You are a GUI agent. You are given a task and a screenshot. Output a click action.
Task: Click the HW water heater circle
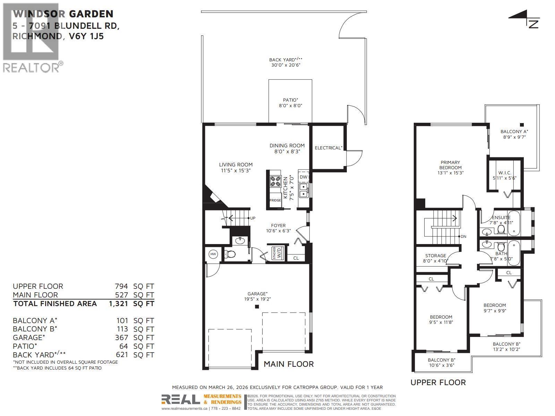point(213,254)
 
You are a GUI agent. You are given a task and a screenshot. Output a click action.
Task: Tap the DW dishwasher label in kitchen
point(304,177)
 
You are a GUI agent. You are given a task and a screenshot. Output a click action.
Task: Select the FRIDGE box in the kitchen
point(275,200)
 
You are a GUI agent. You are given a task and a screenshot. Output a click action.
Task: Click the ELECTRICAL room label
point(328,148)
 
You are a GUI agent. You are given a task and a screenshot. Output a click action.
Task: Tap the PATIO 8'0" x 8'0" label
point(290,103)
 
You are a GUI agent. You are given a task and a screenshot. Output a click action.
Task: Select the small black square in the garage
point(257,306)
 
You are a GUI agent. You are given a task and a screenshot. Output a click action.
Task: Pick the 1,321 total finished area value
point(118,304)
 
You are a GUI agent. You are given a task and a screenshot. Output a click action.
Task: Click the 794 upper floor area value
point(121,286)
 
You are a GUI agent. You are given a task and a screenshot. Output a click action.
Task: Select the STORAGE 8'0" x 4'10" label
point(436,258)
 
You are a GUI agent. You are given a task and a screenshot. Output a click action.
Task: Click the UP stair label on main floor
point(253,218)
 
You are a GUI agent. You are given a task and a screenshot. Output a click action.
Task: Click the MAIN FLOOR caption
point(289,364)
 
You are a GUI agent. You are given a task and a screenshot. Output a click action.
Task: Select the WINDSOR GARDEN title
point(63,14)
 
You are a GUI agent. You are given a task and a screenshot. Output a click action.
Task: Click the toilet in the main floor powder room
point(230,254)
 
